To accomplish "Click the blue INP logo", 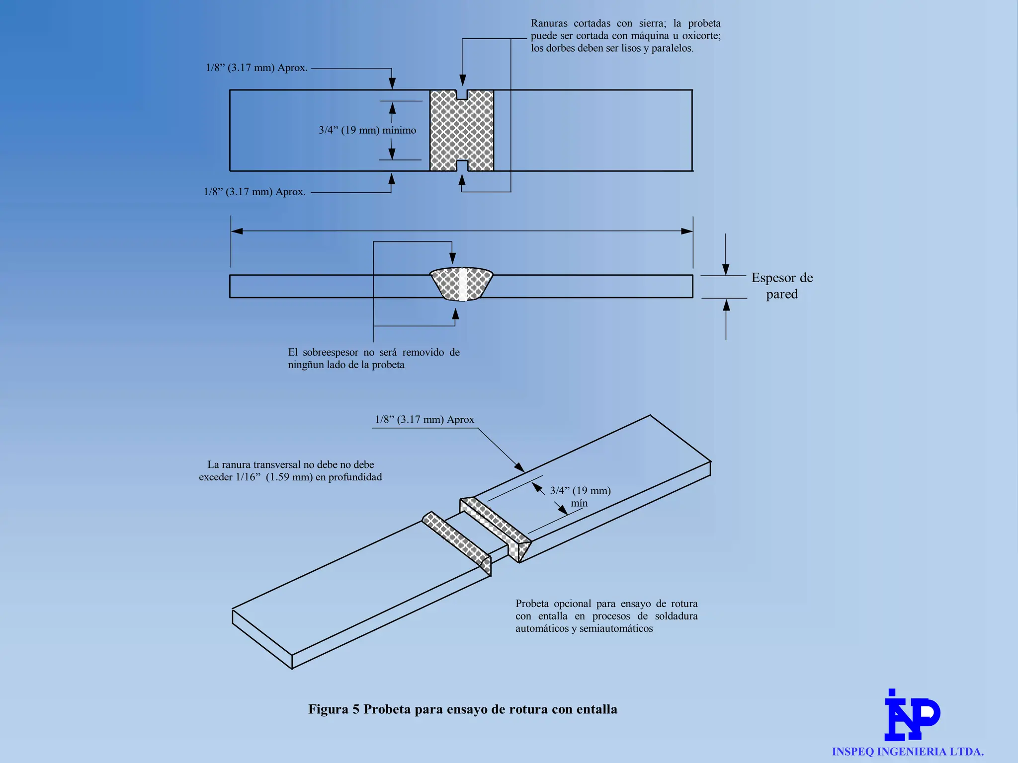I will coord(912,716).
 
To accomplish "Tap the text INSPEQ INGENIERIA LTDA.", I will coord(908,752).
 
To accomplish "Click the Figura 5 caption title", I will coord(462,709).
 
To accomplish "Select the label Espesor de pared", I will coord(781,286).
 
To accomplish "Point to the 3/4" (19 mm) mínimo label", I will coord(367,130).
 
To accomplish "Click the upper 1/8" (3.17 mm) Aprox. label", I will coord(256,68).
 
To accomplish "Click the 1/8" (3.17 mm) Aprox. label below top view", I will coord(254,192).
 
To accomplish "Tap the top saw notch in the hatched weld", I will coord(462,94).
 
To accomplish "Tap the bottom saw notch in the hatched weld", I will coord(462,166).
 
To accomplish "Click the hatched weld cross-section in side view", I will coord(462,284).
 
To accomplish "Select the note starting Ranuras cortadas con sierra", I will coord(625,36).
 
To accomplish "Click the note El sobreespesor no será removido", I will coord(374,358).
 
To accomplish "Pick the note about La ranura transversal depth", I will coord(290,471).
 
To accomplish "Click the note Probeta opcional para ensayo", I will coord(606,616).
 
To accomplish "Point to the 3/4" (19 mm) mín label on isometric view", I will coord(580,496).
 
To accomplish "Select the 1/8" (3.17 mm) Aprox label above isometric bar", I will coord(424,420).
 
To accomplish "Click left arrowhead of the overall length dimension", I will coord(237,231).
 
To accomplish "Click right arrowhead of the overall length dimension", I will coord(687,231).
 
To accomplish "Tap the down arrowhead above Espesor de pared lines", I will coord(726,270).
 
